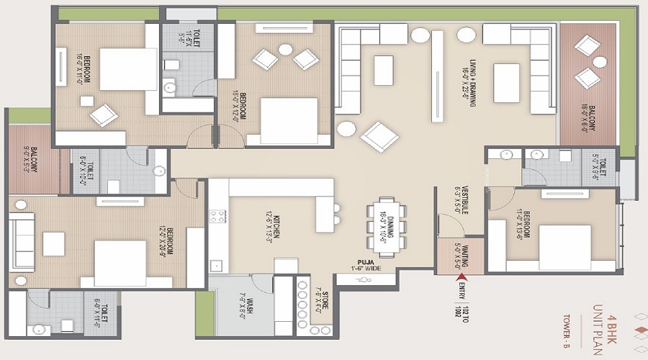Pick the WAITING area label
click(455, 253)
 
